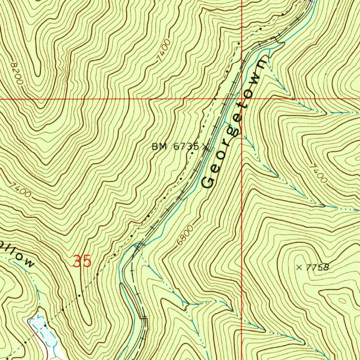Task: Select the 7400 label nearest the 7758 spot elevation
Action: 319,173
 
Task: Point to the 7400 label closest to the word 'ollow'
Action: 20,189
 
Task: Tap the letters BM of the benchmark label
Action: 158,147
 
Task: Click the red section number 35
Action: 82,262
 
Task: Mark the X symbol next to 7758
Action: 299,268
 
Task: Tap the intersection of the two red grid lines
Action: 242,99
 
